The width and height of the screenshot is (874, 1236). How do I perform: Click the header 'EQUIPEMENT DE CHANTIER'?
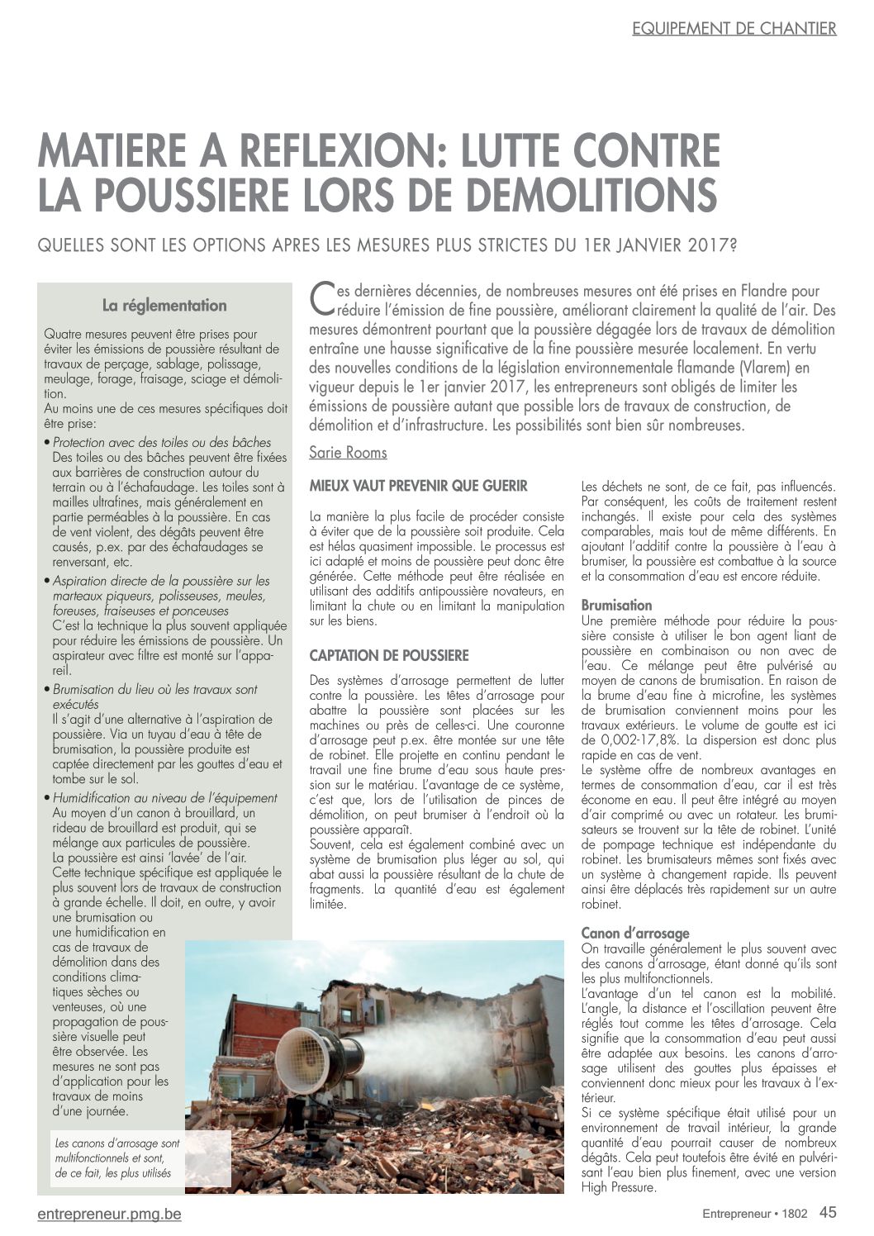pyautogui.click(x=734, y=29)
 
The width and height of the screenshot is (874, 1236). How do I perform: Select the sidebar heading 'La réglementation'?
pyautogui.click(x=164, y=306)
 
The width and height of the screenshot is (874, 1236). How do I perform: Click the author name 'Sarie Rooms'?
pyautogui.click(x=348, y=452)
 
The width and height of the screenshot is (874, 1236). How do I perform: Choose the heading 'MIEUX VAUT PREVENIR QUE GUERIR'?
pyautogui.click(x=418, y=486)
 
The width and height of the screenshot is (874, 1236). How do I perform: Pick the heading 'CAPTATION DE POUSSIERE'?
pyautogui.click(x=389, y=655)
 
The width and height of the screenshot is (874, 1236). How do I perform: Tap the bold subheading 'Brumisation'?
pyautogui.click(x=616, y=606)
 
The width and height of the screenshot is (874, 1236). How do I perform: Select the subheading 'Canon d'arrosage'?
pyautogui.click(x=635, y=933)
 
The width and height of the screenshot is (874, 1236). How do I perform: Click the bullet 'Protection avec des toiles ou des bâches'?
pyautogui.click(x=161, y=443)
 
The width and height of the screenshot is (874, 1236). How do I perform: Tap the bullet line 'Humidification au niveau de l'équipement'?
pyautogui.click(x=164, y=798)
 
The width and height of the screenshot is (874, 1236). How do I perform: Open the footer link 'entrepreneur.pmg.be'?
pyautogui.click(x=110, y=1214)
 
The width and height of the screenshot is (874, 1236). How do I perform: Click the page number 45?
pyautogui.click(x=828, y=1212)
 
